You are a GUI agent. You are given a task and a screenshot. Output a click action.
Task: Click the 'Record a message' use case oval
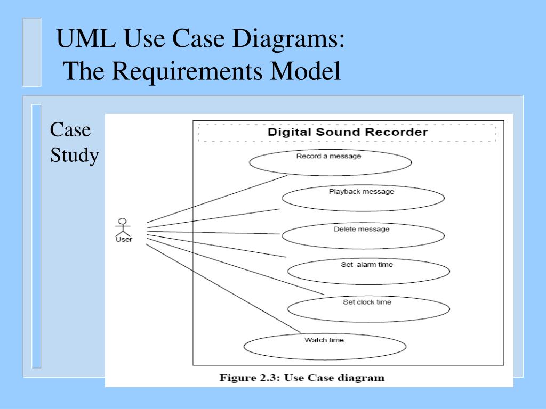tap(330, 162)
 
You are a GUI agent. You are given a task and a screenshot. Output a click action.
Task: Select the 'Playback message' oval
tap(363, 198)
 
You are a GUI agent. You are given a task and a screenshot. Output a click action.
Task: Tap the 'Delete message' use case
tap(363, 235)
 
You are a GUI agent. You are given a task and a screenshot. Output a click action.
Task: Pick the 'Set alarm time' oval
tap(368, 271)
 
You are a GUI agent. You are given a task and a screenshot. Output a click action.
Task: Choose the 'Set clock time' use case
tap(368, 308)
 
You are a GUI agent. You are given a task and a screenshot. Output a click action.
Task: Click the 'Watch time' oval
tap(325, 346)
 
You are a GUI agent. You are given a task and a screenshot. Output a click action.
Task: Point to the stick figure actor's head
tap(123, 220)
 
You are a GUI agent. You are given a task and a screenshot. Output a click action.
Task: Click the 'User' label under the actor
tap(124, 239)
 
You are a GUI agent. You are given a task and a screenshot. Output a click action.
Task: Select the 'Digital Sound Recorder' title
tap(347, 132)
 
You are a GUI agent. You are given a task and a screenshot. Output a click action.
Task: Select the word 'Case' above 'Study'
tap(70, 130)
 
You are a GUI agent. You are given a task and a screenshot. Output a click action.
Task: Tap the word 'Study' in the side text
tap(75, 156)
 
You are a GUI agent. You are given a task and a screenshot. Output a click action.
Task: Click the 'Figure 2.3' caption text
tap(302, 378)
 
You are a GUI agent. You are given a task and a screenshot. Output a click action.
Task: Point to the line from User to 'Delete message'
tap(213, 232)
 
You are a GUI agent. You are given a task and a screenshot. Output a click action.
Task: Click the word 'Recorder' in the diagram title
tap(397, 132)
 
